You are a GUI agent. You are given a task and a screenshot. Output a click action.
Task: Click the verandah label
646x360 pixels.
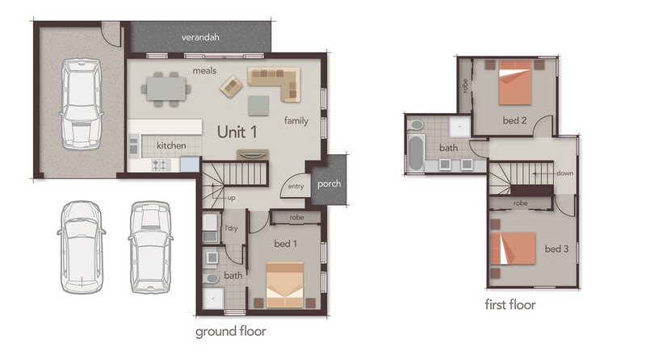pos(200,37)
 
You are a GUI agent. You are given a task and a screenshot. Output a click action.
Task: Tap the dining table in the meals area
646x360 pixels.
pos(166,90)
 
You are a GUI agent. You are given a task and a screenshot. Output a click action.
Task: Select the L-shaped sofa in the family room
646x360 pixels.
pos(274,84)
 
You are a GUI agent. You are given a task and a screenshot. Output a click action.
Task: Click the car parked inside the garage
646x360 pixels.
pos(81,103)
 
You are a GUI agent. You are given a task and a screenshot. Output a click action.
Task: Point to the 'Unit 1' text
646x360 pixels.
pos(237,132)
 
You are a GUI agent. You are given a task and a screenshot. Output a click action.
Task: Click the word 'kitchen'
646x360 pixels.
pos(171,145)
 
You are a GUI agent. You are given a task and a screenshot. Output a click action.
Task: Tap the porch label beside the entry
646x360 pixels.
pos(329,184)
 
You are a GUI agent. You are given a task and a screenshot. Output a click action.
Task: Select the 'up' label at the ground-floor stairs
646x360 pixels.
pos(232,198)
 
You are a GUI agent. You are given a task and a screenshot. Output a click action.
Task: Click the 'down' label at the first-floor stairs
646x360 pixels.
pos(564,173)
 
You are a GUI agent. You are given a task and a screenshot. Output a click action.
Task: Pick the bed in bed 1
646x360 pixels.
pos(285,285)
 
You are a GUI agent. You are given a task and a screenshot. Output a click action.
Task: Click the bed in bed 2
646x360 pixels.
pos(514,82)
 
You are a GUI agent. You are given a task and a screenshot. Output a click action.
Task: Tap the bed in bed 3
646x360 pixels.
pos(513,249)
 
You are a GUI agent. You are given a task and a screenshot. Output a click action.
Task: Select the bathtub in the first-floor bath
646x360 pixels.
pos(416,153)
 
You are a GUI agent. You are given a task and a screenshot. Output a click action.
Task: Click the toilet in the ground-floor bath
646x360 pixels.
pos(211,278)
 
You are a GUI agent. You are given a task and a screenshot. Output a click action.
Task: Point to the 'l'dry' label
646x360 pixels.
pos(232,228)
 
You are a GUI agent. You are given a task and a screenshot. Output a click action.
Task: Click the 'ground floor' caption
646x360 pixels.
pos(231,332)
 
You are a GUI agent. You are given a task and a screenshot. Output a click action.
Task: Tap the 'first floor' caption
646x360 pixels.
pos(510,305)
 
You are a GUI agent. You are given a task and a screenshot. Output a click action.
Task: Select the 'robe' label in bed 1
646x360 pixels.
pos(296,217)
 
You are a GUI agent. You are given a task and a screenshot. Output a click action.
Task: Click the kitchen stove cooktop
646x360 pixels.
pos(161,165)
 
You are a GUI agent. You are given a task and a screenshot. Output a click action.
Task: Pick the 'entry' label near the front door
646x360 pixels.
pos(296,186)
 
